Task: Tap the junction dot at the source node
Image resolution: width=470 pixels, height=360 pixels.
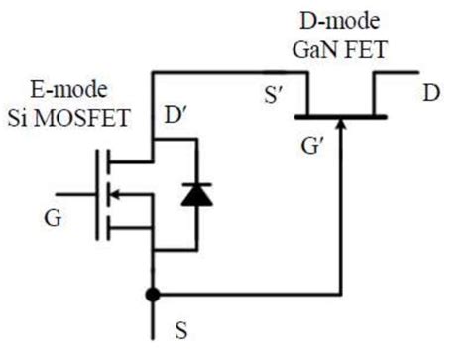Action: click(x=152, y=295)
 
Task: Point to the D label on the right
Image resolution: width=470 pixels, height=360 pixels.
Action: click(x=431, y=94)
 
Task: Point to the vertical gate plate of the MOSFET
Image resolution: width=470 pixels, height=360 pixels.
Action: click(x=99, y=195)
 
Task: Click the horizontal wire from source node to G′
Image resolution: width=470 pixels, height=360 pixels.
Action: click(x=248, y=295)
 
